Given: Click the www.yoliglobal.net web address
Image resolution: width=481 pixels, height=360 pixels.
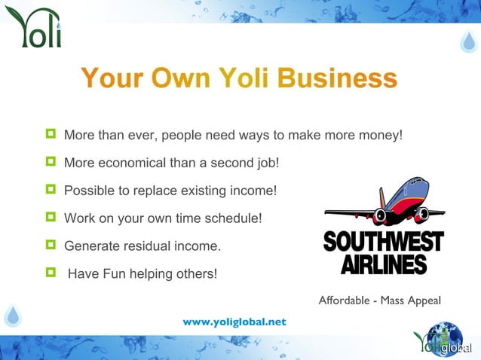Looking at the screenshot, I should [234, 322].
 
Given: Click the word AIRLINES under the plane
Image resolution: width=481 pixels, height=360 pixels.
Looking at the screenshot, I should [383, 264].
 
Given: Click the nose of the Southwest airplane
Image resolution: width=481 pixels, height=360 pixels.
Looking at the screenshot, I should [329, 213].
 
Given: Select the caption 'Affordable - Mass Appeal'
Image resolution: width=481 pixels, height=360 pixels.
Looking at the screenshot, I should [379, 301].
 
